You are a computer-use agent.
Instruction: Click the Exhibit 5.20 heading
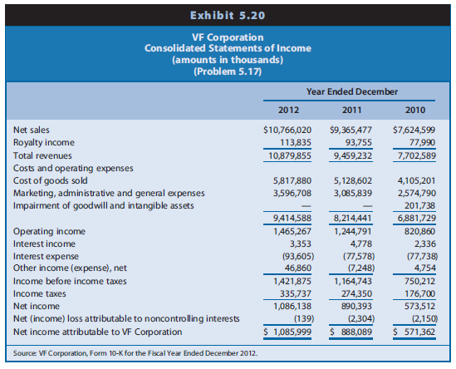(x=228, y=15)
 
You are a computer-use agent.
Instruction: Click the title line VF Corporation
(x=227, y=37)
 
